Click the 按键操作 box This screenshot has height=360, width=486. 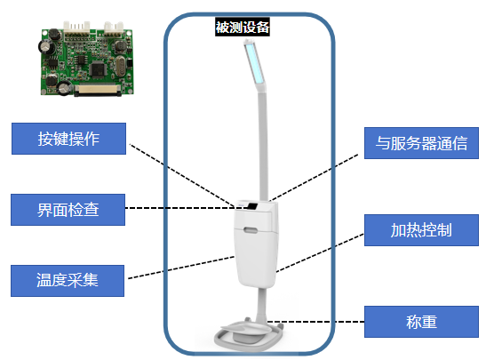coord(68,139)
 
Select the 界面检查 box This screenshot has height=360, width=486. coord(68,210)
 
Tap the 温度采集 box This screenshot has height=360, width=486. coord(68,281)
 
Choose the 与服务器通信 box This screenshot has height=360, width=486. coord(421,143)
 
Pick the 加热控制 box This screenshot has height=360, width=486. coord(421,230)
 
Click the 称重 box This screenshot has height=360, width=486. coord(421,322)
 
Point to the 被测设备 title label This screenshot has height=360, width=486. coord(243,27)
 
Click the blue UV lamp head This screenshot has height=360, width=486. coord(255,64)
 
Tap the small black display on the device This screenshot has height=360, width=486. coord(252,205)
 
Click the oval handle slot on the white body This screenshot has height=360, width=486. coord(251,230)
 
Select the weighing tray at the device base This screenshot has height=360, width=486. coord(244,329)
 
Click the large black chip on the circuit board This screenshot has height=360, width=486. coord(98,69)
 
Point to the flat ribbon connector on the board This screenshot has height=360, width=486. coord(97,89)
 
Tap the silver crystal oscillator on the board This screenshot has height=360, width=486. coord(120,66)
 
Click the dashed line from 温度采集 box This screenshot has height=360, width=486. coord(181,268)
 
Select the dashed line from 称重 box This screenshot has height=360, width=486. coord(315,322)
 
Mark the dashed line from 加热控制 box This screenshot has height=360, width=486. coord(320,253)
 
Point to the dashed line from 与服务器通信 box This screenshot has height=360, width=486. coord(314,178)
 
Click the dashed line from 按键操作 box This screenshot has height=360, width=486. coord(182,175)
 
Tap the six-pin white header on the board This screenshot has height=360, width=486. coord(76,28)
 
